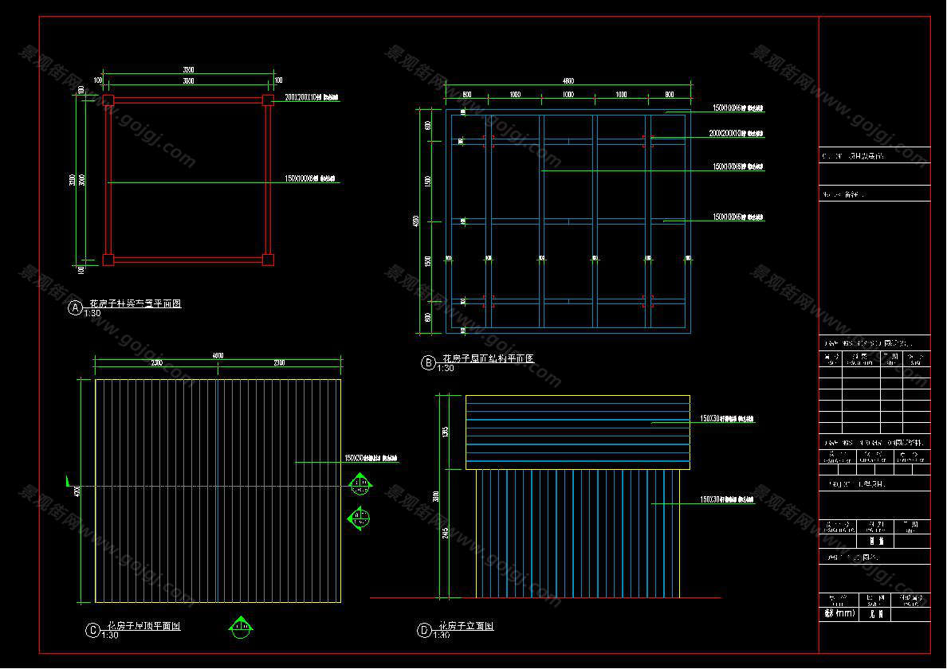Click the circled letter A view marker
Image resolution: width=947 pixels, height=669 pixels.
(x=76, y=307)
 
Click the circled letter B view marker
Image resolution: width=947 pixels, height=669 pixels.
(x=428, y=363)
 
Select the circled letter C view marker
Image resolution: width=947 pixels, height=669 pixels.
(x=92, y=630)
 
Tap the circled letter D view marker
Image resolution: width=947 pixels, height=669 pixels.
(x=424, y=631)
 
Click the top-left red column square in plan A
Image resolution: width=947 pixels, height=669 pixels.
(x=108, y=100)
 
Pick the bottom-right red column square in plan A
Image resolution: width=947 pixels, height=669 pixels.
(x=268, y=259)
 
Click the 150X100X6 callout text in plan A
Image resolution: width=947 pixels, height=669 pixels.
(x=311, y=179)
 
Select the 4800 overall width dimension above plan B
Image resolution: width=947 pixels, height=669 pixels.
(x=568, y=80)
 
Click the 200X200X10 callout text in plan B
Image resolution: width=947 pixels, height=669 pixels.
(x=736, y=133)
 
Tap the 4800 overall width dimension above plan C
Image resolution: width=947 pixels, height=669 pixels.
(x=217, y=355)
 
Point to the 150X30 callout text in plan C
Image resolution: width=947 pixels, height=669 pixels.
(x=371, y=458)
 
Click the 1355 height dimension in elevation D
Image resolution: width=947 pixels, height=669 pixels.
(x=446, y=432)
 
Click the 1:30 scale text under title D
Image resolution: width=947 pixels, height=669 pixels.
(x=442, y=635)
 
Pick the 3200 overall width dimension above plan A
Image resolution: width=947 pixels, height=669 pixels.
(x=188, y=70)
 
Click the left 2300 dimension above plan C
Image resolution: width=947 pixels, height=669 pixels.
(x=156, y=363)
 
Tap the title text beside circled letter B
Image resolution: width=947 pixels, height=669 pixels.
(x=488, y=359)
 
